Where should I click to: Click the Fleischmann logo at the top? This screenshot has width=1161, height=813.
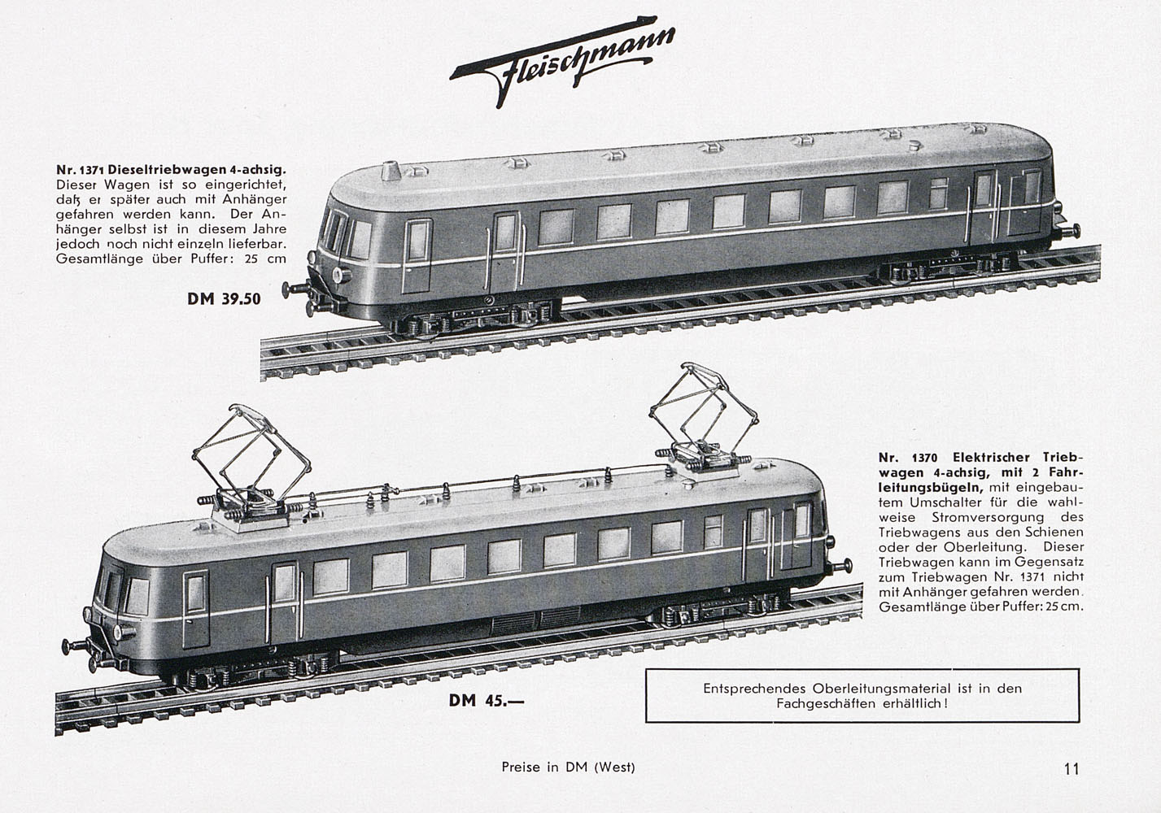[562, 61]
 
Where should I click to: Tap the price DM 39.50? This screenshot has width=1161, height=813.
[224, 299]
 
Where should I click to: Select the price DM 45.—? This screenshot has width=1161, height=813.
[487, 701]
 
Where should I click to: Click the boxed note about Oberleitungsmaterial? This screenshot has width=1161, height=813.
[862, 695]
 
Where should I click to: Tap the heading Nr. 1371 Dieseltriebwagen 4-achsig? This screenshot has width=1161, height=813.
[171, 170]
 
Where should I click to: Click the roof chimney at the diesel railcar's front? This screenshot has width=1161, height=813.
[391, 171]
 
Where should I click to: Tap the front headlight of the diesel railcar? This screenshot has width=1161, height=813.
[341, 275]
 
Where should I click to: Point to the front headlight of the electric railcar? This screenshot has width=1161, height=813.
[120, 633]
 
